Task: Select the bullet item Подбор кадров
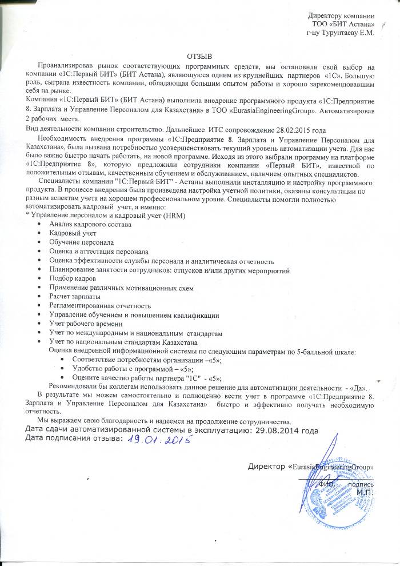coord(69,278)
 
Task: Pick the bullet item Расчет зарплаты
coord(75,297)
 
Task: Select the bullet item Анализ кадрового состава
coord(90,224)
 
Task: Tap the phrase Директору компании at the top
coord(341,15)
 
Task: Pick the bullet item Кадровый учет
coord(73,233)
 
